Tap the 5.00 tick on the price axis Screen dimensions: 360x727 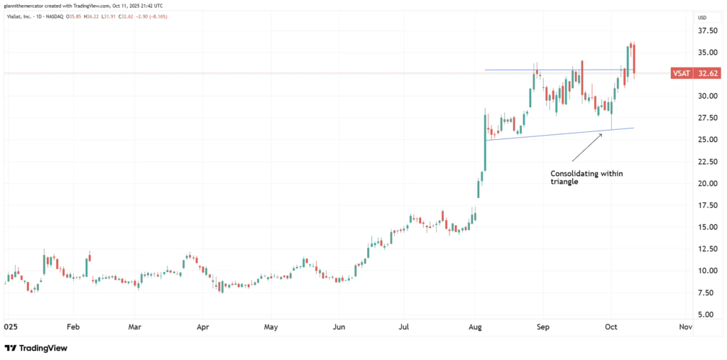[x=704, y=314]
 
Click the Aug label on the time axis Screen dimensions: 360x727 [x=476, y=328]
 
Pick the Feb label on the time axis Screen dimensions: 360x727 [x=73, y=328]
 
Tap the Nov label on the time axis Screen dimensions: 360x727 [x=685, y=328]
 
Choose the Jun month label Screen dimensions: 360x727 [x=339, y=328]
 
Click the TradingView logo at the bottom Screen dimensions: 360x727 [x=32, y=348]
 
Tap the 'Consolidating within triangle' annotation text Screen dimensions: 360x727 [x=586, y=178]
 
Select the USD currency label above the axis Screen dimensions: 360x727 [x=702, y=17]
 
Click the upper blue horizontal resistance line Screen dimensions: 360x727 [x=511, y=70]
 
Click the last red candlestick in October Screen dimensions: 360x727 [x=633, y=58]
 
